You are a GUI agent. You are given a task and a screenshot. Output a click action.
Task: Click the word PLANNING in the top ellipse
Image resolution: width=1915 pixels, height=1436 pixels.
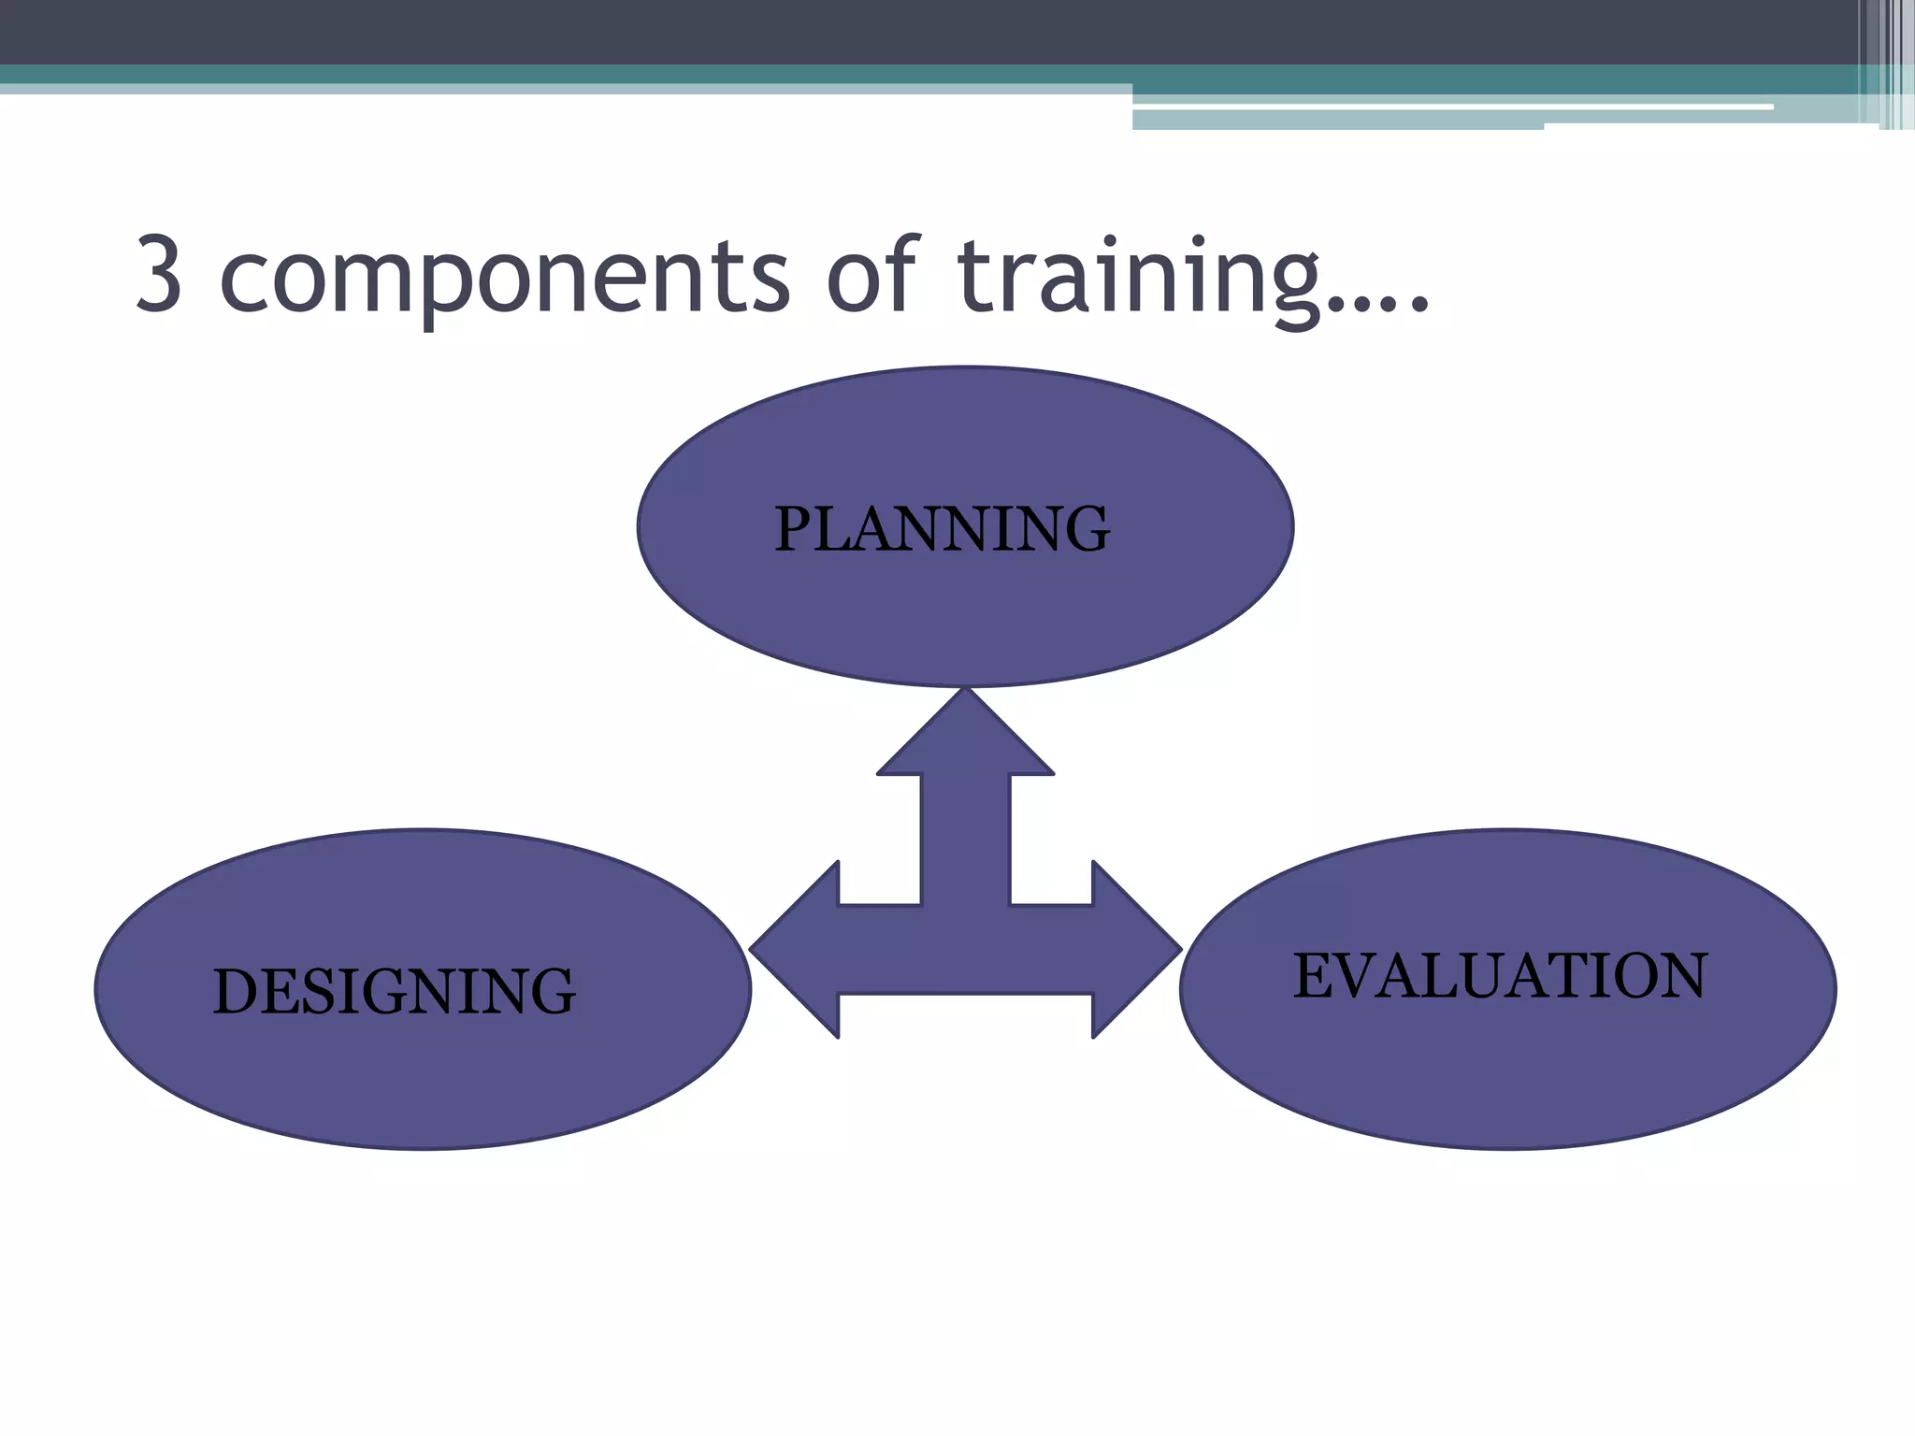[942, 529]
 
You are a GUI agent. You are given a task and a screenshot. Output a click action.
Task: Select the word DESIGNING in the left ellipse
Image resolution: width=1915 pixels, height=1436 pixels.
[394, 991]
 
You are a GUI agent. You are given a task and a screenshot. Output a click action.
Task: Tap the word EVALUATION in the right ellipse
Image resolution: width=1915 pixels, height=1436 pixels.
[1500, 976]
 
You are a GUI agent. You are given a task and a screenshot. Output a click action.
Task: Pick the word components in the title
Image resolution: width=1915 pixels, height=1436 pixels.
[505, 279]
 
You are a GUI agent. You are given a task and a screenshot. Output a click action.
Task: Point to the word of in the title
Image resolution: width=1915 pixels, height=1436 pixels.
[871, 273]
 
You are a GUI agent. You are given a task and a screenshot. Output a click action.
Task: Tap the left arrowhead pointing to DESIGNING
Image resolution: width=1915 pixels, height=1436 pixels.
[796, 949]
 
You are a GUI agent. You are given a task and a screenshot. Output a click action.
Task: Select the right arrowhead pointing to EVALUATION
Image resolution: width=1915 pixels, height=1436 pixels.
[1135, 949]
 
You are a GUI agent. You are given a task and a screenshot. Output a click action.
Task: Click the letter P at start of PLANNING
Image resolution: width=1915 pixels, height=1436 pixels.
[795, 529]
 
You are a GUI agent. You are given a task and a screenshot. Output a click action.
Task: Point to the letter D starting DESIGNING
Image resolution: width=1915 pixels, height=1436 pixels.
[236, 991]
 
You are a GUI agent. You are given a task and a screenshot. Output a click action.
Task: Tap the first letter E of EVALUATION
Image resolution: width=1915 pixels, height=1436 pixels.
[1315, 976]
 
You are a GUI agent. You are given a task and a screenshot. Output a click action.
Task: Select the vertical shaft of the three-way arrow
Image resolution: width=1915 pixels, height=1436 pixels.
[966, 841]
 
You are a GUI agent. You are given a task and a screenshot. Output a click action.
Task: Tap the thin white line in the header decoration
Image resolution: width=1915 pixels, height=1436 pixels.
[1449, 108]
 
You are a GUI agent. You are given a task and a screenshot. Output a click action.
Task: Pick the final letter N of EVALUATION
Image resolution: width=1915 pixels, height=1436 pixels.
[1681, 976]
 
